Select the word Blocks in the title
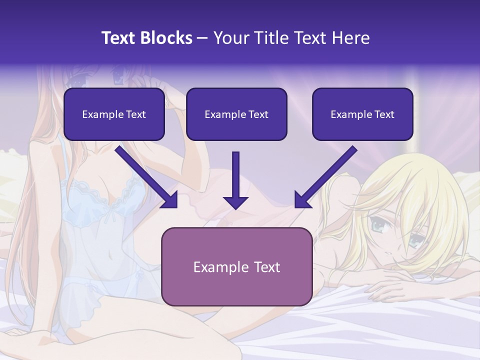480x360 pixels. tap(167, 38)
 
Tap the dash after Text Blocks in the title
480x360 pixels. tap(202, 38)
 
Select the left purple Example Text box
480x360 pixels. tap(114, 114)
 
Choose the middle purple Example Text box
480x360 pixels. tap(236, 114)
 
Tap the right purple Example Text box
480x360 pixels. tap(362, 114)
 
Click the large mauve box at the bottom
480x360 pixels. tap(236, 266)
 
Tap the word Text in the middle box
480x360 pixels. tap(258, 114)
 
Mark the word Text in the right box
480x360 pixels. tap(384, 114)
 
